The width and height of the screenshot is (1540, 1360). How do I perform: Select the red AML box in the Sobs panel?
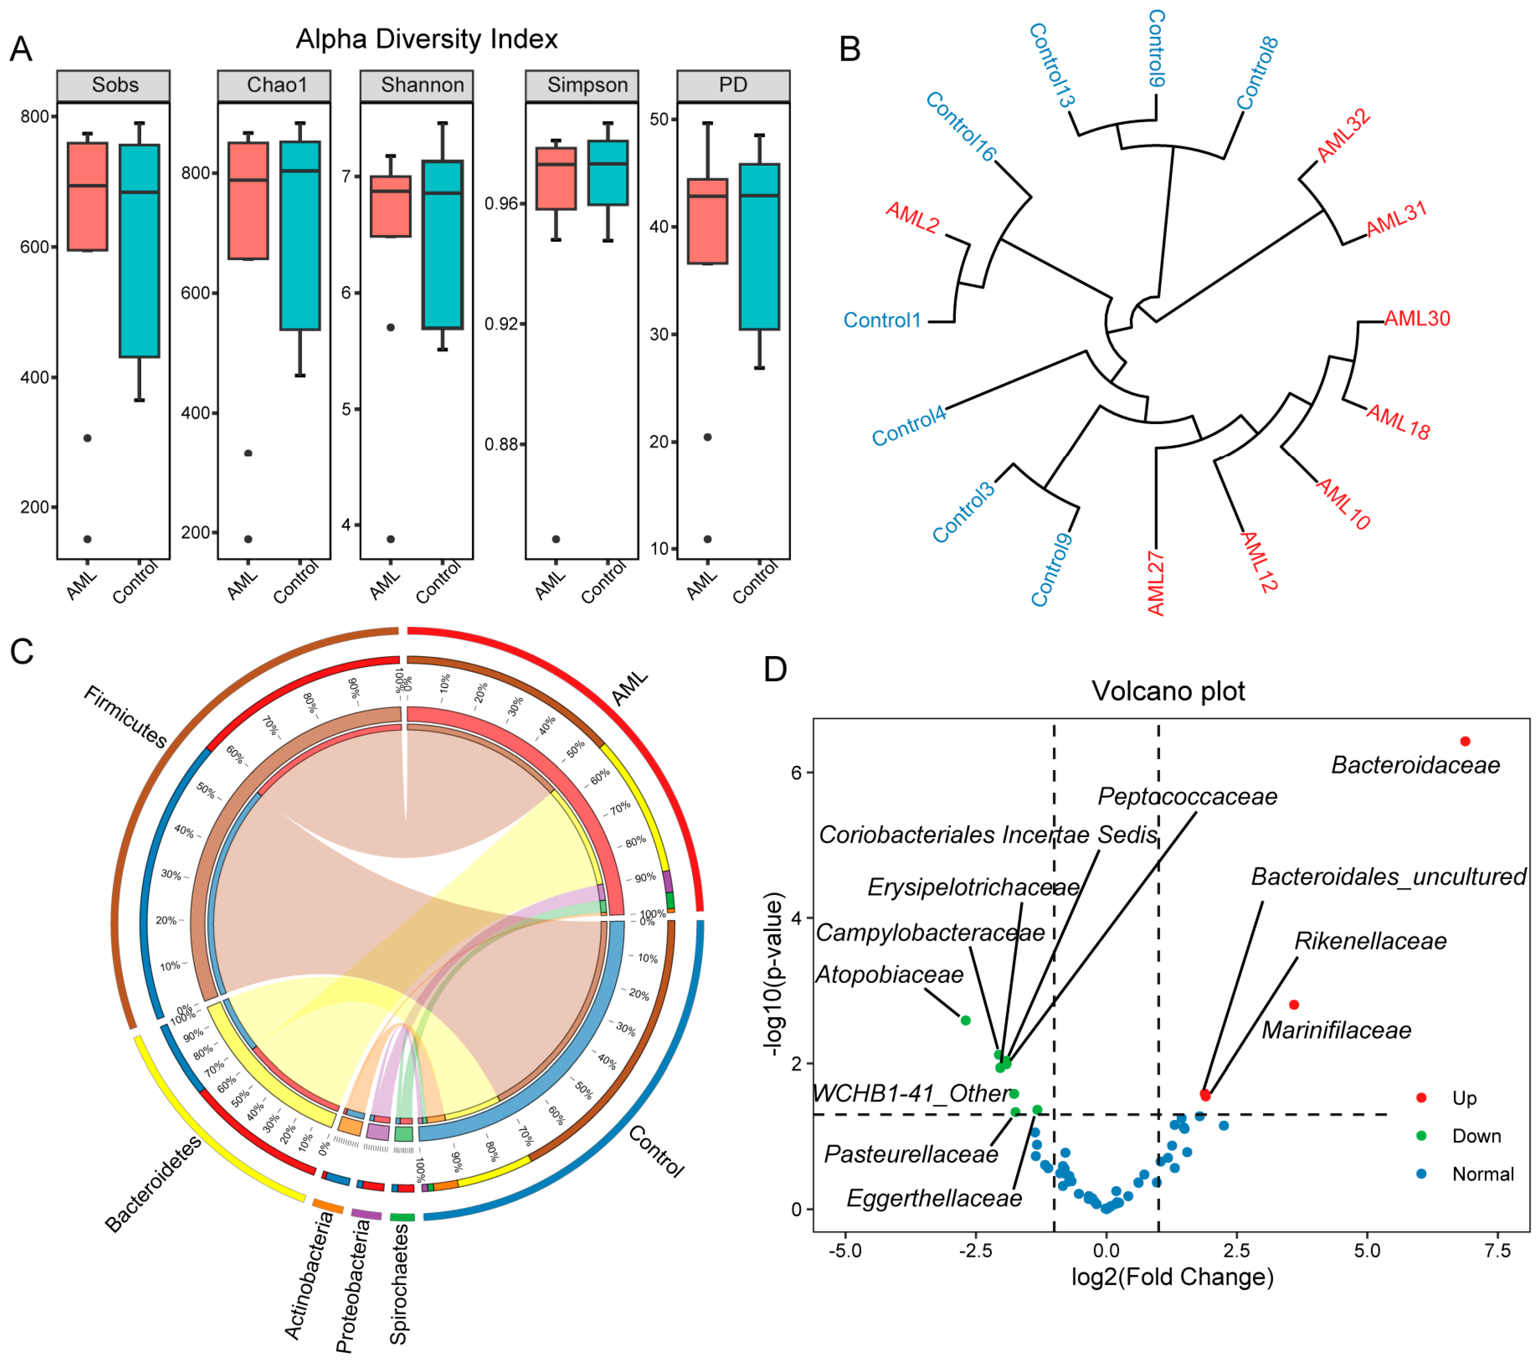(x=87, y=196)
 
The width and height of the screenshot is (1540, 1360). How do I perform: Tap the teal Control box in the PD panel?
(x=759, y=247)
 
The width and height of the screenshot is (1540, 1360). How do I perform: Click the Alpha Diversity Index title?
(x=426, y=39)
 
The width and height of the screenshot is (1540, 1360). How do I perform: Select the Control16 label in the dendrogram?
(x=960, y=126)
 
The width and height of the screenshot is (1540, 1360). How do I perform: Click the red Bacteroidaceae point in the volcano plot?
(x=1466, y=742)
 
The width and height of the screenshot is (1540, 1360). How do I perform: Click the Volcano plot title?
(x=1169, y=691)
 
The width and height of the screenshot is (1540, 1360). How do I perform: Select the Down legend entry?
(x=1476, y=1136)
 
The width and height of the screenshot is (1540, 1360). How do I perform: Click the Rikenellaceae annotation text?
(x=1370, y=941)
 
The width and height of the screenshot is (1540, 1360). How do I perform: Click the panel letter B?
(x=850, y=50)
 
